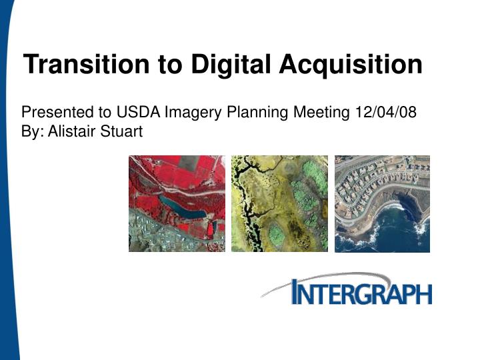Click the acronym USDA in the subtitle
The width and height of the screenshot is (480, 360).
click(x=136, y=112)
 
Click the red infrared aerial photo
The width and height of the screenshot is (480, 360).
click(x=177, y=203)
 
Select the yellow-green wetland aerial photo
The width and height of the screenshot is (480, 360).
click(x=279, y=203)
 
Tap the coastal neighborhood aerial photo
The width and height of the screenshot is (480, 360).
click(x=382, y=203)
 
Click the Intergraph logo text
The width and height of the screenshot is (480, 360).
click(x=363, y=293)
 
